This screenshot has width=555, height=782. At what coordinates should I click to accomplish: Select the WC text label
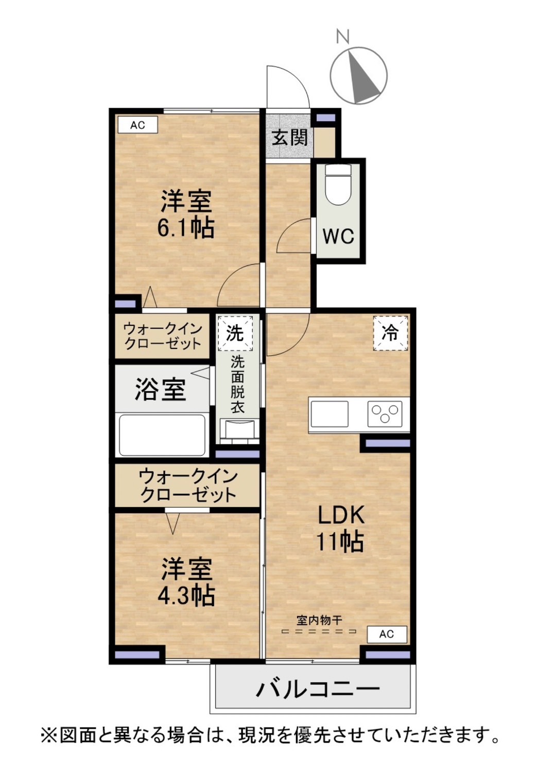(338, 236)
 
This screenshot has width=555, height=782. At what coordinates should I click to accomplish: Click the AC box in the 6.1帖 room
(137, 125)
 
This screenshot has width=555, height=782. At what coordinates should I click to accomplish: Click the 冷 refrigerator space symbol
(390, 333)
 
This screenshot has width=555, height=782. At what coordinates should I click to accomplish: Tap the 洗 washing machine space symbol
(235, 333)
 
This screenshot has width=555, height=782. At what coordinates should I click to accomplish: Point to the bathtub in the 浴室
(162, 435)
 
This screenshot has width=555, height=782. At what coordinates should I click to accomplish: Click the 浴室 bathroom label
(160, 390)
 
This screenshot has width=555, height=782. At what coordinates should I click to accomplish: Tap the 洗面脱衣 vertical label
(237, 385)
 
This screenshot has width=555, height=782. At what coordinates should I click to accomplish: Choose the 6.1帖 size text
(186, 228)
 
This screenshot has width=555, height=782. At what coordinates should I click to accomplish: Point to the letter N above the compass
(343, 37)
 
